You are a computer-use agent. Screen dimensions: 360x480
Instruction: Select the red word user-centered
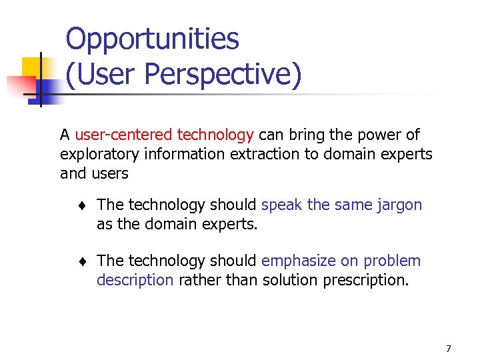(x=124, y=135)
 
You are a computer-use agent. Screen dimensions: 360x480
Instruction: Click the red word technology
(x=215, y=135)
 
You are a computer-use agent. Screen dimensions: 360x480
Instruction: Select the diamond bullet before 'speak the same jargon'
(x=80, y=205)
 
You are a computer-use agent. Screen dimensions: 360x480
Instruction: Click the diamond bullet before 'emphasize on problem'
(x=80, y=261)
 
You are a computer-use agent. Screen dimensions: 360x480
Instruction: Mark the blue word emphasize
(x=300, y=261)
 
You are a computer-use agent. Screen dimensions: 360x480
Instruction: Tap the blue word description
(x=135, y=280)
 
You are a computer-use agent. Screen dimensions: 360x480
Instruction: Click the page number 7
(x=448, y=349)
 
